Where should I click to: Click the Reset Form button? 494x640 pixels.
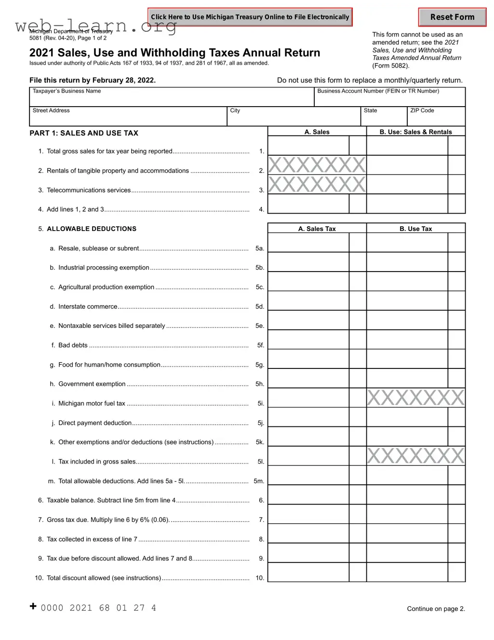click(x=452, y=17)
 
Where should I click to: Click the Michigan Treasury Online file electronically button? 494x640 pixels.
click(x=250, y=17)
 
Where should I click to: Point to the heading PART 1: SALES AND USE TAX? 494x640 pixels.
click(x=84, y=133)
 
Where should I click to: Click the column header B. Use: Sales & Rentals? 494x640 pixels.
click(x=415, y=132)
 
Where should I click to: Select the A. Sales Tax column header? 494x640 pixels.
click(x=317, y=229)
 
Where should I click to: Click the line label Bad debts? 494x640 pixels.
click(x=73, y=345)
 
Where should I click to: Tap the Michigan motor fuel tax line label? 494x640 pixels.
click(x=92, y=403)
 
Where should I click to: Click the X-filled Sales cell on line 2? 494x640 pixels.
click(x=317, y=165)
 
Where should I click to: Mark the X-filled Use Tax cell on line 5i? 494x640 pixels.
click(x=415, y=398)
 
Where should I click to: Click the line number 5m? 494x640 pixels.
click(x=259, y=481)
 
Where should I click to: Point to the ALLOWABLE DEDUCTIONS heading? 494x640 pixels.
click(x=92, y=229)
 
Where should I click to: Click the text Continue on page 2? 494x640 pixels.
click(x=436, y=609)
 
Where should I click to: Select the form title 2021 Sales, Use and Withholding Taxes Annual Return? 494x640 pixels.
click(x=174, y=53)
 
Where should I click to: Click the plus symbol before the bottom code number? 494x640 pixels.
click(x=33, y=606)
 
